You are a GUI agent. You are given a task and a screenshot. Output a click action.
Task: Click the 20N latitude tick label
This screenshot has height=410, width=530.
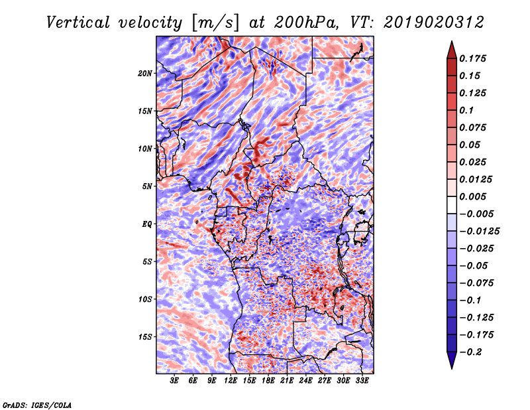coord(145,73)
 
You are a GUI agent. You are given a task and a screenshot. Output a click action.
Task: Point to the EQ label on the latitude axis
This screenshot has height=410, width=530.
coord(147,224)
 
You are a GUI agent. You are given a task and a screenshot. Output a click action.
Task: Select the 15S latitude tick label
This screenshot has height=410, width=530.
coord(145,337)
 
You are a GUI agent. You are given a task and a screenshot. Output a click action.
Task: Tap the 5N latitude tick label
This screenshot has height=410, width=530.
coord(147,186)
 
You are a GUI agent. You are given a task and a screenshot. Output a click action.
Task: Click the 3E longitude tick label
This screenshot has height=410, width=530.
coord(174,381)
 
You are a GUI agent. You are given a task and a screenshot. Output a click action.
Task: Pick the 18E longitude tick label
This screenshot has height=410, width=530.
coord(268,381)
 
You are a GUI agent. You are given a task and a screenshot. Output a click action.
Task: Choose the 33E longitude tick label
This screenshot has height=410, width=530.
coord(362,381)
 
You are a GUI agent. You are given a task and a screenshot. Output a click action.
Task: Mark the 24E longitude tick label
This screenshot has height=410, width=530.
coord(305,381)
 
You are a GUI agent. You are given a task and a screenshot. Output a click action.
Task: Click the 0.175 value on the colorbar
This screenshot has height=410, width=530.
coord(472,58)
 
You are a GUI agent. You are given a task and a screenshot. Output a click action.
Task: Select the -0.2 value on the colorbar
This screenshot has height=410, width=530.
coord(470,352)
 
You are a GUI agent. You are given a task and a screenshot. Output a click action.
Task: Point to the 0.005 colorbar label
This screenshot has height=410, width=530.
coord(472,196)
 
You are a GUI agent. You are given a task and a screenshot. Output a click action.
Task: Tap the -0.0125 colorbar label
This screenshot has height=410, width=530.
coord(479,232)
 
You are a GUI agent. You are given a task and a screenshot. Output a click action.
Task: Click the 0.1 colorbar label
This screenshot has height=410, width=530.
coord(466,110)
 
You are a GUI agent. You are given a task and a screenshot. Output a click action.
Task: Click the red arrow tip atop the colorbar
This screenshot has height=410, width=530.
coord(452,42)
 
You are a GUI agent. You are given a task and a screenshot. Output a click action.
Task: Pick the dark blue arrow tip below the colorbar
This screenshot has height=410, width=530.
coord(452,368)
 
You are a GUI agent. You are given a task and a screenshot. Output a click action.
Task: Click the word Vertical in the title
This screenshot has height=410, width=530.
coord(78,23)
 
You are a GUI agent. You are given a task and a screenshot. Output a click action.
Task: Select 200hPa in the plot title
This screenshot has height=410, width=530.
coord(305,23)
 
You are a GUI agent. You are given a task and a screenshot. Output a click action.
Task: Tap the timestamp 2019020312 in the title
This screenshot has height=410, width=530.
coord(434,23)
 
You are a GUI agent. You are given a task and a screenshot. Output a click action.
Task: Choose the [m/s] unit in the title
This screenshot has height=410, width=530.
coord(215,23)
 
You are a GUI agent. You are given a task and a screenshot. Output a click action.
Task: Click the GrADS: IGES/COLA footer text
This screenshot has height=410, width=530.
coord(37,405)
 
